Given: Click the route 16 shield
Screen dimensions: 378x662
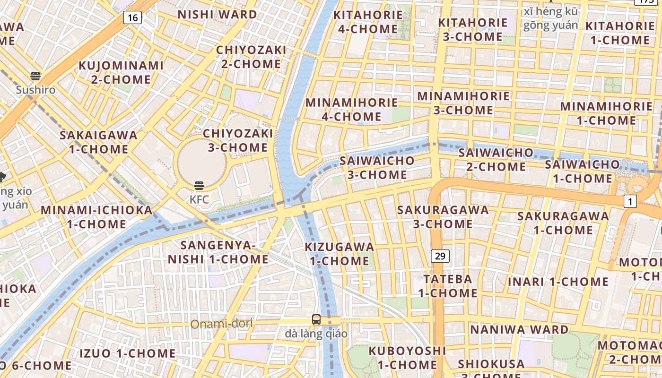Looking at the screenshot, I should tap(133, 18).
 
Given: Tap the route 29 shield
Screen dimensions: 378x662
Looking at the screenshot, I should tap(440, 256).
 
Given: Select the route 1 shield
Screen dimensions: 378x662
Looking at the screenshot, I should tap(629, 201).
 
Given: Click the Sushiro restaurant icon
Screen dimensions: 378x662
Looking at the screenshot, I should tap(35, 76).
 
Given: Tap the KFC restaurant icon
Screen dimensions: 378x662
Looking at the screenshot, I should tap(199, 186).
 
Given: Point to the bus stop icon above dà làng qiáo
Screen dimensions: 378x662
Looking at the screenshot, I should tap(316, 319).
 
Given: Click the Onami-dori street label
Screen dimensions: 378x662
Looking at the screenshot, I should tap(221, 324).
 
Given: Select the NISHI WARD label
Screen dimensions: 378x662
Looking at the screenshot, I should tap(217, 15).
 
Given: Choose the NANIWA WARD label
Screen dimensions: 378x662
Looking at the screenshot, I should tap(519, 329).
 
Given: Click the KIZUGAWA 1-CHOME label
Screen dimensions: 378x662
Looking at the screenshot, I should tap(340, 254).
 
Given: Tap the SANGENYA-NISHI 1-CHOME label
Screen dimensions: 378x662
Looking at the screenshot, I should tap(218, 252).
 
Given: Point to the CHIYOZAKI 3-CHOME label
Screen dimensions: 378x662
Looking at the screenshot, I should tap(238, 140).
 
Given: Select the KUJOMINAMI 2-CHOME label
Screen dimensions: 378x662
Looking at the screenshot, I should tap(121, 72).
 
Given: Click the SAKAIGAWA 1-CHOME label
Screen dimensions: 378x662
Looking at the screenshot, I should tap(98, 142).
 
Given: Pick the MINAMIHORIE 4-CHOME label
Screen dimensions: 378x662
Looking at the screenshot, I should tap(352, 109).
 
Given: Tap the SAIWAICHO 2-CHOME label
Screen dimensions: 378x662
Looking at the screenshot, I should tap(496, 160).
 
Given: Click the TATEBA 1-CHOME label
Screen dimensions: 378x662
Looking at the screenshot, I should tap(447, 286).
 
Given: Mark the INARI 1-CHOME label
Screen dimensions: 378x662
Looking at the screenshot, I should tap(558, 282).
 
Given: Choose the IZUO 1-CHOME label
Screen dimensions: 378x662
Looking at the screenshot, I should tap(127, 353).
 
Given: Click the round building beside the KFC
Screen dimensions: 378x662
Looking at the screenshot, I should tap(202, 162).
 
